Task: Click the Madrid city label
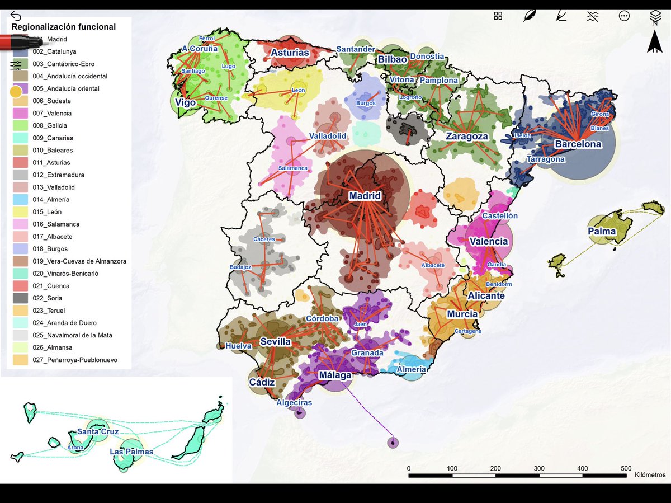tap(365, 196)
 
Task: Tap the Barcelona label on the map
tap(578, 144)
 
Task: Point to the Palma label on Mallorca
tap(601, 231)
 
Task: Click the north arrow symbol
tap(654, 42)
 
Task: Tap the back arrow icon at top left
tap(16, 16)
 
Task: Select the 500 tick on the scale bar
tap(626, 468)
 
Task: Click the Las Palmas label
tap(131, 452)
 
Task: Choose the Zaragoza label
tap(467, 136)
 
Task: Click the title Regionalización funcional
tap(64, 26)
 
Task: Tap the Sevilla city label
tap(275, 341)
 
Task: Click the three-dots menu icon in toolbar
tap(624, 16)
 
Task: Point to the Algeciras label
tap(294, 402)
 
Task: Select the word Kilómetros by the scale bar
tap(650, 474)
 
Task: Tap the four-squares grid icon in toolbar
tap(498, 16)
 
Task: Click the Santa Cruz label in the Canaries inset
tap(98, 431)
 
